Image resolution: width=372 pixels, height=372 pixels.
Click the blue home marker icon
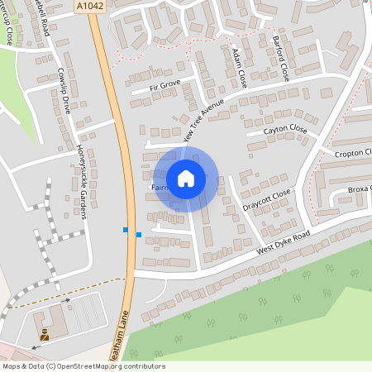186,178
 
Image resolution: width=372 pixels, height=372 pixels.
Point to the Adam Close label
240,68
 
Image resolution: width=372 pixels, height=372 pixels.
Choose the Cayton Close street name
285,131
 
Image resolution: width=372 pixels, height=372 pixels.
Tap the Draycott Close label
267,198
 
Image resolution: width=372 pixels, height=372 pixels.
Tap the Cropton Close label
354,154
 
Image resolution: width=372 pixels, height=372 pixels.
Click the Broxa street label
360,190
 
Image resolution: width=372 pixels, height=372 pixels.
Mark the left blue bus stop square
126,229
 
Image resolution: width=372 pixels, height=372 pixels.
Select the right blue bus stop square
138,236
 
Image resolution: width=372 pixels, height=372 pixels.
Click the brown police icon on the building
44,336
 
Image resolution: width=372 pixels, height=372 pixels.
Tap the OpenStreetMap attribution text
83,366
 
